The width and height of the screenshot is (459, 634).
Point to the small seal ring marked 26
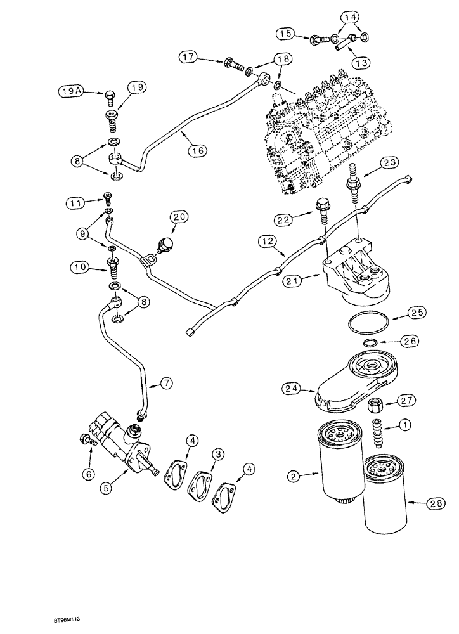(370, 343)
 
